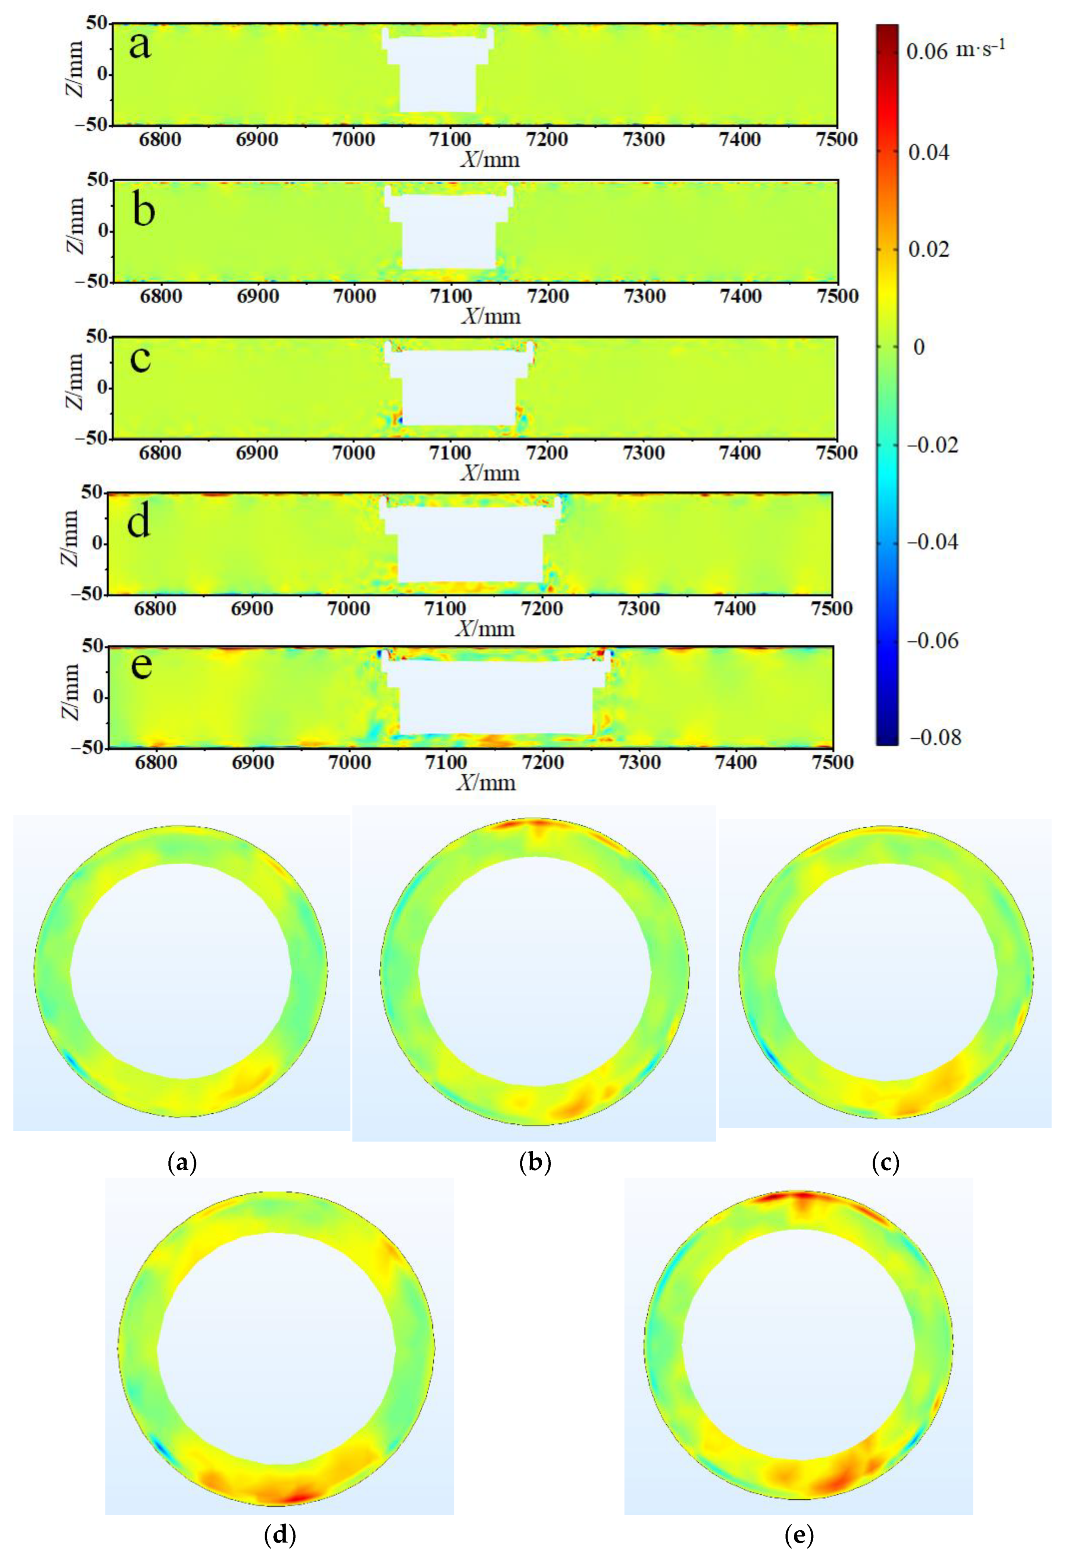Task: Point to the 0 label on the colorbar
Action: pos(919,347)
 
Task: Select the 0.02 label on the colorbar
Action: pos(928,249)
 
